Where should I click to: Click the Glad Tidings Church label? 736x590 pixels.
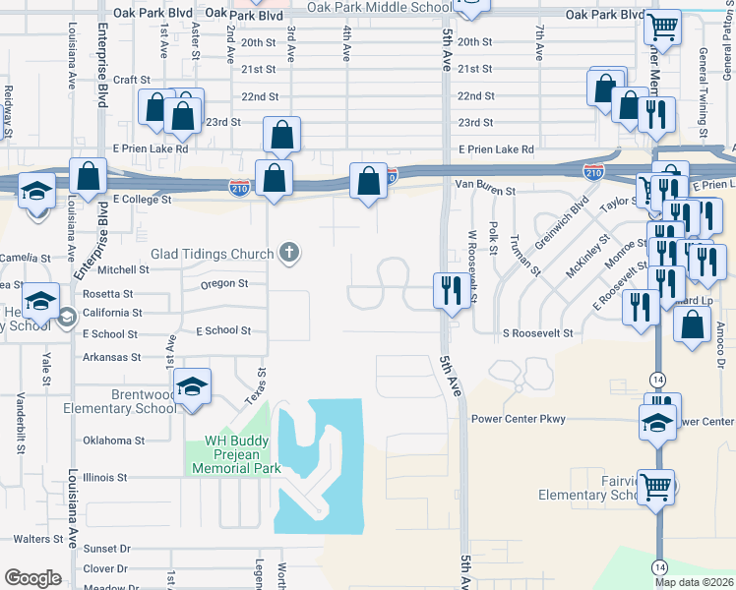click(212, 254)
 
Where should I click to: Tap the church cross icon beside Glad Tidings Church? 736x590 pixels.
click(289, 253)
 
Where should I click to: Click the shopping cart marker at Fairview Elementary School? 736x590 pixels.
click(655, 485)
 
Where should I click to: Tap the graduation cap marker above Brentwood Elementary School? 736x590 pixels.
click(193, 387)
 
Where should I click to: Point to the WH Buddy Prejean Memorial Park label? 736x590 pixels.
click(242, 454)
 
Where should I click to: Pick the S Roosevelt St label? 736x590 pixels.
click(537, 334)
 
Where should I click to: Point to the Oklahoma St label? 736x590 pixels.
click(113, 441)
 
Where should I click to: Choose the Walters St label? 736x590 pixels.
click(38, 539)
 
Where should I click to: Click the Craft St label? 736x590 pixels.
click(131, 80)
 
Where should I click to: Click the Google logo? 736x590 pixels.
click(32, 577)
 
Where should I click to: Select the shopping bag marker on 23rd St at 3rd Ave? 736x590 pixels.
click(281, 137)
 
